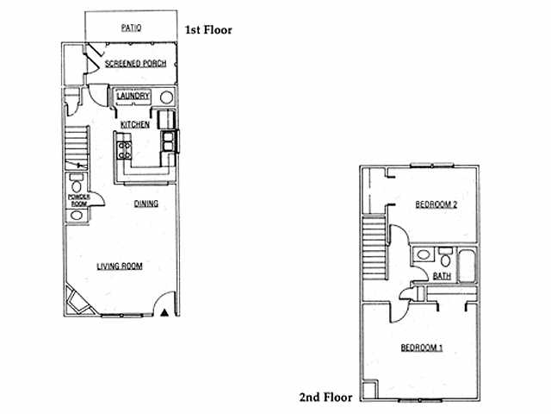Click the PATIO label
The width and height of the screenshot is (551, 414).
[131, 28]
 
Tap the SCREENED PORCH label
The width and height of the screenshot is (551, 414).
[136, 64]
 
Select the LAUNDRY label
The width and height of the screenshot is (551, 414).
[133, 96]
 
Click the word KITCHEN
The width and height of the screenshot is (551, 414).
[135, 124]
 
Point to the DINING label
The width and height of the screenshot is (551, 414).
[146, 204]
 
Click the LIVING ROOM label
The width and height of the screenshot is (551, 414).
[120, 267]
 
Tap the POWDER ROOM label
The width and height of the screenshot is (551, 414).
[78, 200]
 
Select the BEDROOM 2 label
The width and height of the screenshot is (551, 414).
[436, 204]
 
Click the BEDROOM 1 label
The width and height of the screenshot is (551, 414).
[422, 348]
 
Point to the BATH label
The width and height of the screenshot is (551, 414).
[442, 276]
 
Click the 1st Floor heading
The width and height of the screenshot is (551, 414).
[208, 30]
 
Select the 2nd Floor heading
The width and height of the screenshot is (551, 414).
[325, 397]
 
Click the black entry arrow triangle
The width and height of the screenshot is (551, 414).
[164, 312]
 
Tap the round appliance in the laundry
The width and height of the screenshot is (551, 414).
[166, 97]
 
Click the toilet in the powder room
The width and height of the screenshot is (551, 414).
[77, 184]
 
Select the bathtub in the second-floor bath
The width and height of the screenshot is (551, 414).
[467, 266]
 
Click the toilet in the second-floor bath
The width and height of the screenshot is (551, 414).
[445, 257]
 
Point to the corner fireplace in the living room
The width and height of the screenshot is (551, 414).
[80, 300]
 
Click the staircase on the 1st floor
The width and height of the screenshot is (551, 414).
[77, 147]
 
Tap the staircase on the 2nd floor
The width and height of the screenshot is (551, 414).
[375, 248]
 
